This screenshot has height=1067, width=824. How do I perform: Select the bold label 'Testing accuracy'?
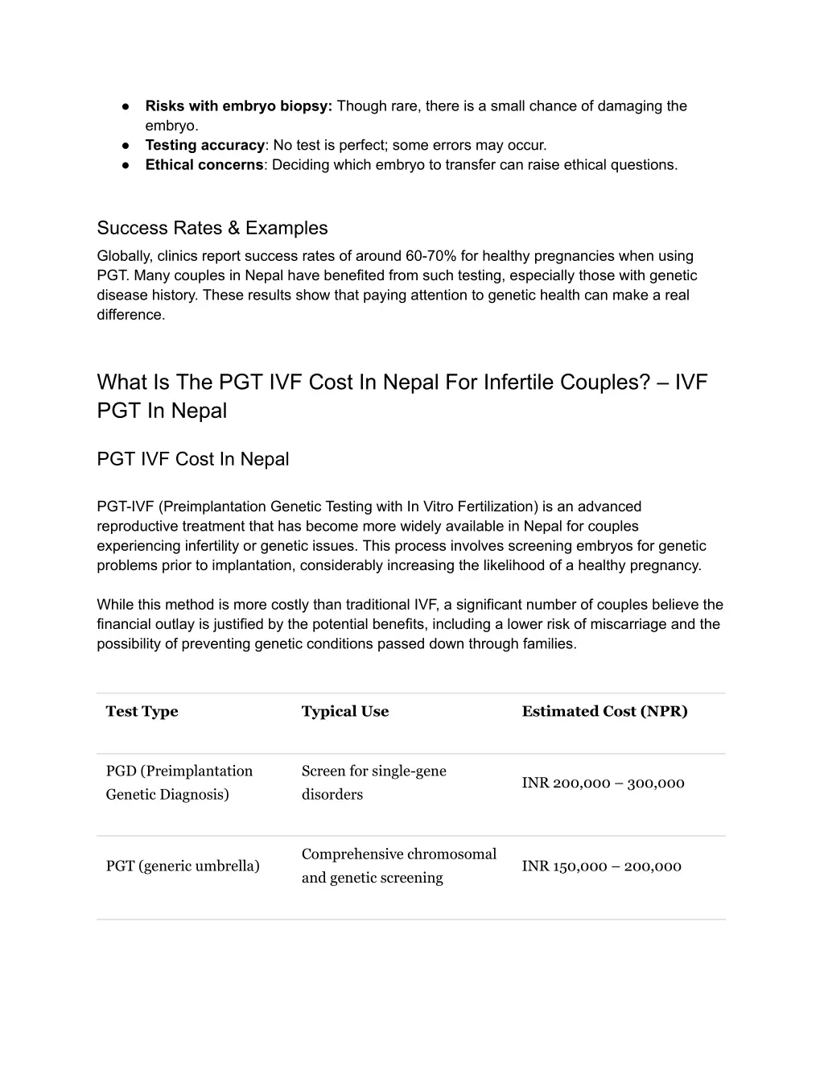[x=204, y=146]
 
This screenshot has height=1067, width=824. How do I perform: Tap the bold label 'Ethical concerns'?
[x=204, y=165]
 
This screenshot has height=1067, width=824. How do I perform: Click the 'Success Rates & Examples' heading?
[x=212, y=228]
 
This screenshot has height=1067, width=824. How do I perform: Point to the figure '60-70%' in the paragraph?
[x=431, y=256]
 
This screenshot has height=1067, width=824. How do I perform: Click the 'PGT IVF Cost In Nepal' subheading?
[x=192, y=459]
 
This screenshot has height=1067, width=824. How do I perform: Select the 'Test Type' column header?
[x=142, y=712]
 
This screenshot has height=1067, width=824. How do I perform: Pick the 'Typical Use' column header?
[x=344, y=712]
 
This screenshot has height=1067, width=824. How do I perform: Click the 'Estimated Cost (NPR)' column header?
[x=604, y=712]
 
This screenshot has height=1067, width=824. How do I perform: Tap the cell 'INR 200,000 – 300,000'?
[x=603, y=784]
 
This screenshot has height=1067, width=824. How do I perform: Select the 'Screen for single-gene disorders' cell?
[x=373, y=783]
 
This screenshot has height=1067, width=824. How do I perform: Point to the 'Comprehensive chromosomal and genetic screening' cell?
[x=398, y=866]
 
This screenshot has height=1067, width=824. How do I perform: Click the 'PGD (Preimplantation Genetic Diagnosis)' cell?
[x=179, y=783]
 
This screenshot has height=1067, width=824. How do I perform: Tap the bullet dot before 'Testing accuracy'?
[x=126, y=146]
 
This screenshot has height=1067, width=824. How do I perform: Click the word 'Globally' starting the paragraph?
[x=124, y=256]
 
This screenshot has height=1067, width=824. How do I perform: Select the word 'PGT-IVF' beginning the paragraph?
[x=126, y=507]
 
